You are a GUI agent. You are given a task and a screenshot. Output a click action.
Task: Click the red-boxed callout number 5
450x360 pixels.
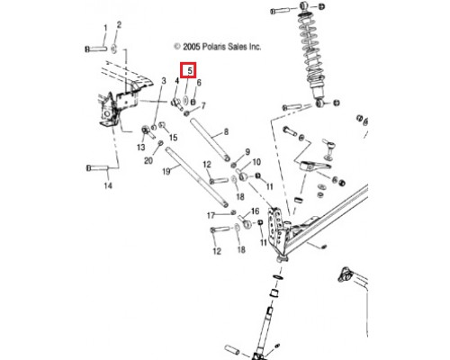(x=190, y=71)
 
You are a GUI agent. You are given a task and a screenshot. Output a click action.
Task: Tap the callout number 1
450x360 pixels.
(x=105, y=28)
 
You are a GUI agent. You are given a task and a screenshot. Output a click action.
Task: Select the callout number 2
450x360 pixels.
(x=119, y=24)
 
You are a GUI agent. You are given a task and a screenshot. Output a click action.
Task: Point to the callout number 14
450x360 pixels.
(x=108, y=185)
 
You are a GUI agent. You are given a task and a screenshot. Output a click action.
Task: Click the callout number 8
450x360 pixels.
(x=226, y=131)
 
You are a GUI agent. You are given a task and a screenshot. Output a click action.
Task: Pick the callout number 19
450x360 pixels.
(x=166, y=171)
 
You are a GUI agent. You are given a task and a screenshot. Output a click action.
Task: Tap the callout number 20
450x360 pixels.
(x=148, y=161)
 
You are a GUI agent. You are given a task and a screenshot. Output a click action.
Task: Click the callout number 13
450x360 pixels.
(x=141, y=148)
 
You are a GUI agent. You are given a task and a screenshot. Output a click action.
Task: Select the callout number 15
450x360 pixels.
(x=174, y=138)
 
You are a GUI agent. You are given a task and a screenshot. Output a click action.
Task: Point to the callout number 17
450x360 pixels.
(x=211, y=215)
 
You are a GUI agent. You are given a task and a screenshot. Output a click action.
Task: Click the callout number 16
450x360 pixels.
(x=255, y=211)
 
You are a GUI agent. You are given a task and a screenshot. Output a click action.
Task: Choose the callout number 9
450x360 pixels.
(x=247, y=151)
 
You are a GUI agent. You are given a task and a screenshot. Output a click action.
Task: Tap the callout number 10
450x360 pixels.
(x=256, y=162)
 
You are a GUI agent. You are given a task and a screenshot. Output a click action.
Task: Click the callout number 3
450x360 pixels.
(x=164, y=81)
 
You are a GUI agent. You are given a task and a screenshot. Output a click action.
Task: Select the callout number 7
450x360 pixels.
(x=203, y=105)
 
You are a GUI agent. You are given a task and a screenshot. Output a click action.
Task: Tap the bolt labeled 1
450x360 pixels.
(x=96, y=49)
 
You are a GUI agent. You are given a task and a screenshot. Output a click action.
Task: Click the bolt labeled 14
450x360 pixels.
(x=97, y=167)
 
